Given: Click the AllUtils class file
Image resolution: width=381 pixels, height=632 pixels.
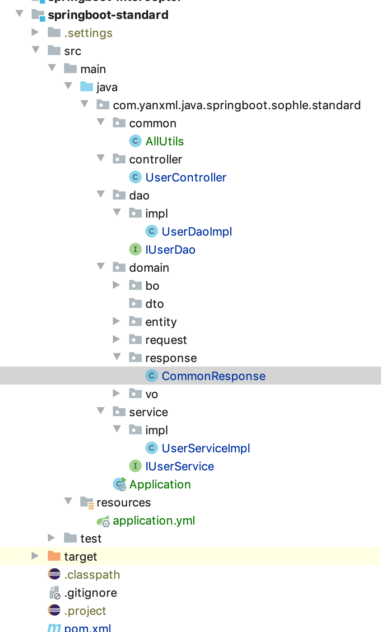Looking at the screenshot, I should (x=164, y=141).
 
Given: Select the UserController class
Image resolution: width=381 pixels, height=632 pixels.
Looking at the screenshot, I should (x=186, y=177).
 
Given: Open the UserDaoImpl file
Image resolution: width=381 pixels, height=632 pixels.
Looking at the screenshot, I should (x=196, y=232).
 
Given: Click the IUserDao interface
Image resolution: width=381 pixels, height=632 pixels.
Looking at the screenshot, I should (x=170, y=250).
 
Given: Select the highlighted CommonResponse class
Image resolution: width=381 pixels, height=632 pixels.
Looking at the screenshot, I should (x=213, y=376).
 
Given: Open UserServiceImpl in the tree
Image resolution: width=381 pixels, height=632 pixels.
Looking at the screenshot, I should (x=205, y=448).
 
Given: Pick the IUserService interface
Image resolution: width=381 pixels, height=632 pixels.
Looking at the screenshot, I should (x=179, y=466).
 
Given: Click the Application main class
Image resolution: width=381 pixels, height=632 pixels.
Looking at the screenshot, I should (x=160, y=484).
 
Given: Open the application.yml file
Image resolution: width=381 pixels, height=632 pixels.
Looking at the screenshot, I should (x=153, y=520).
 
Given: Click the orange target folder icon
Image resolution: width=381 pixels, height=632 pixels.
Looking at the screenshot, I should (x=54, y=556).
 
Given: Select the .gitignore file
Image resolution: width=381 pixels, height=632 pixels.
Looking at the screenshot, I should (x=90, y=593).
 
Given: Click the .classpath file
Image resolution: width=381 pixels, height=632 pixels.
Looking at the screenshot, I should (x=92, y=575).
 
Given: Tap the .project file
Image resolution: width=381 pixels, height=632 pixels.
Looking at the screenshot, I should (x=85, y=611).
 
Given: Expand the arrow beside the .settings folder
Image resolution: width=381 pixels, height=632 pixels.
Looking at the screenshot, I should (x=35, y=33).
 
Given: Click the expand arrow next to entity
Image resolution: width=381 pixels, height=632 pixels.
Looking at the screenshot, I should (x=116, y=321).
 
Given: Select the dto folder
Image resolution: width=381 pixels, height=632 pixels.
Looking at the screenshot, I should (x=154, y=304).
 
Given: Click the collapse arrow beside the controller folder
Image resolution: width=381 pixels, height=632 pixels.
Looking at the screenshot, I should (x=100, y=159).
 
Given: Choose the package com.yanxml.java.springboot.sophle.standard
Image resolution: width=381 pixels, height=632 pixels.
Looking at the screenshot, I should (x=237, y=105).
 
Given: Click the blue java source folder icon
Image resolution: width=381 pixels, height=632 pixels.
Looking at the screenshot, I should (x=86, y=87).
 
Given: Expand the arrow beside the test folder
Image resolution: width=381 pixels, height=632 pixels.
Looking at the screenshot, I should (x=51, y=538).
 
